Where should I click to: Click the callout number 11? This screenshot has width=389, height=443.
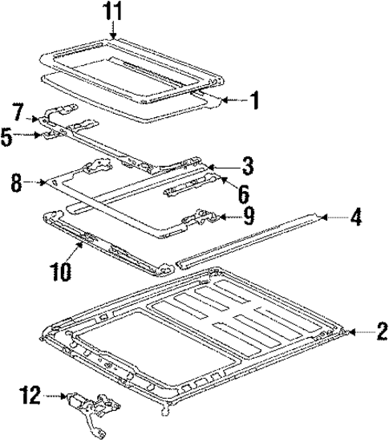(114, 11)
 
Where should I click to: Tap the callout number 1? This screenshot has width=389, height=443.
(254, 100)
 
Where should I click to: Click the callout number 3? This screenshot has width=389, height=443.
(248, 166)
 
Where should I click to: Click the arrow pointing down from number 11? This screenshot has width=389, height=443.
(114, 30)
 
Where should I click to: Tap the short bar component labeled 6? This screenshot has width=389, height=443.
(190, 191)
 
